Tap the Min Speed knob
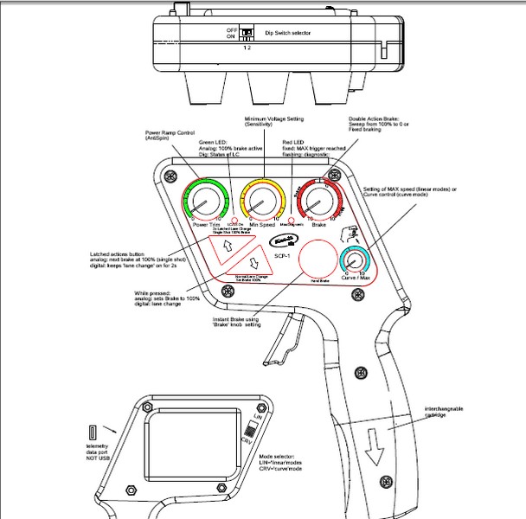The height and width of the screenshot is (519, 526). [260, 202]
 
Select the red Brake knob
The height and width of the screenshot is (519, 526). [321, 204]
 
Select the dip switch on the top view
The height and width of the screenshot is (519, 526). [247, 33]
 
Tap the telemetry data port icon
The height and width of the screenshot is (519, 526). [91, 432]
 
